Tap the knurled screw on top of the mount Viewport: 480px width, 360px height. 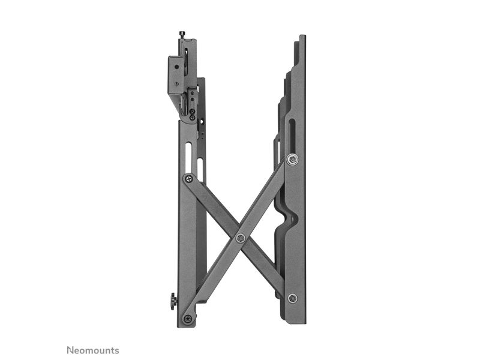(182, 35)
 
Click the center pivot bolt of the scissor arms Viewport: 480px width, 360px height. (241, 238)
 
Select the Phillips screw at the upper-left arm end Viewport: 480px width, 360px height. (188, 178)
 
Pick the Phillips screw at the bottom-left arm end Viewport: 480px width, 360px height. (188, 318)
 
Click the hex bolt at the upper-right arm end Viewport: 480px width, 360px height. (292, 159)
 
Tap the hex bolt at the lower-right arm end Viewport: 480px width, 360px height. (292, 298)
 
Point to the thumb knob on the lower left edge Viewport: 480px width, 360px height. (173, 301)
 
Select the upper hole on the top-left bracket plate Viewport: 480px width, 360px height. (176, 67)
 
